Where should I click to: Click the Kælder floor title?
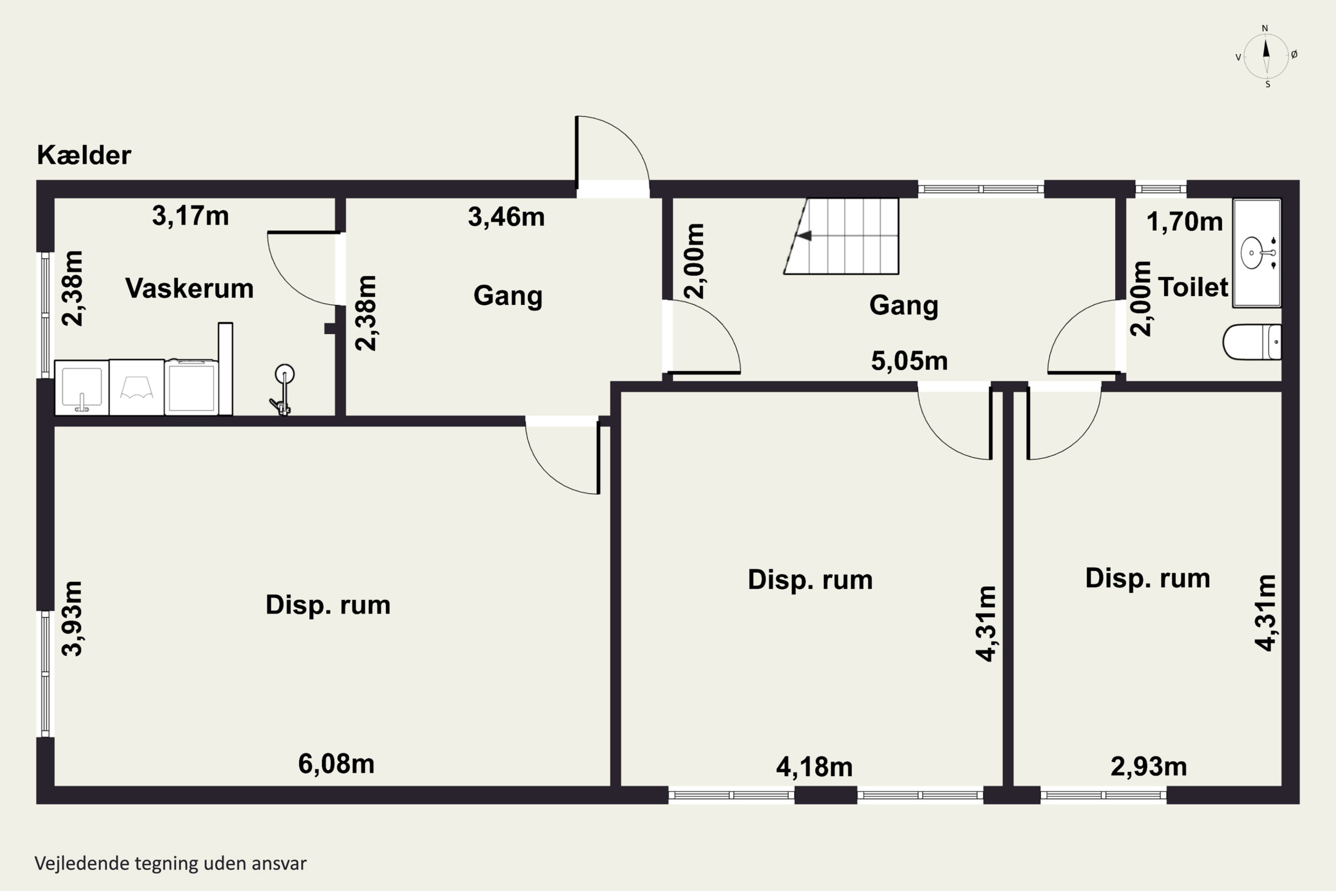tap(84, 155)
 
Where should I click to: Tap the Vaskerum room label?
tap(189, 288)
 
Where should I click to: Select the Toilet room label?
tap(1193, 287)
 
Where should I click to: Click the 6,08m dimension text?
tap(336, 764)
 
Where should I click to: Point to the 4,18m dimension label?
tap(814, 767)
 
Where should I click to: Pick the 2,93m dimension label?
tap(1149, 767)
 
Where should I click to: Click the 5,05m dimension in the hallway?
tap(909, 361)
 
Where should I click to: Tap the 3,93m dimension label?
tap(73, 618)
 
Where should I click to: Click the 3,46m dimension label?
tap(506, 217)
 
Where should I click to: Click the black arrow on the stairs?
tap(804, 236)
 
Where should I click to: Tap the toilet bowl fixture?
tap(1252, 342)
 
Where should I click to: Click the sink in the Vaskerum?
tap(82, 388)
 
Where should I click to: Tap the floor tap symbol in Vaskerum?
tap(282, 390)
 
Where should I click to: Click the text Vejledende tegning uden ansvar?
tap(171, 863)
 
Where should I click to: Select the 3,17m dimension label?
tap(190, 217)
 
